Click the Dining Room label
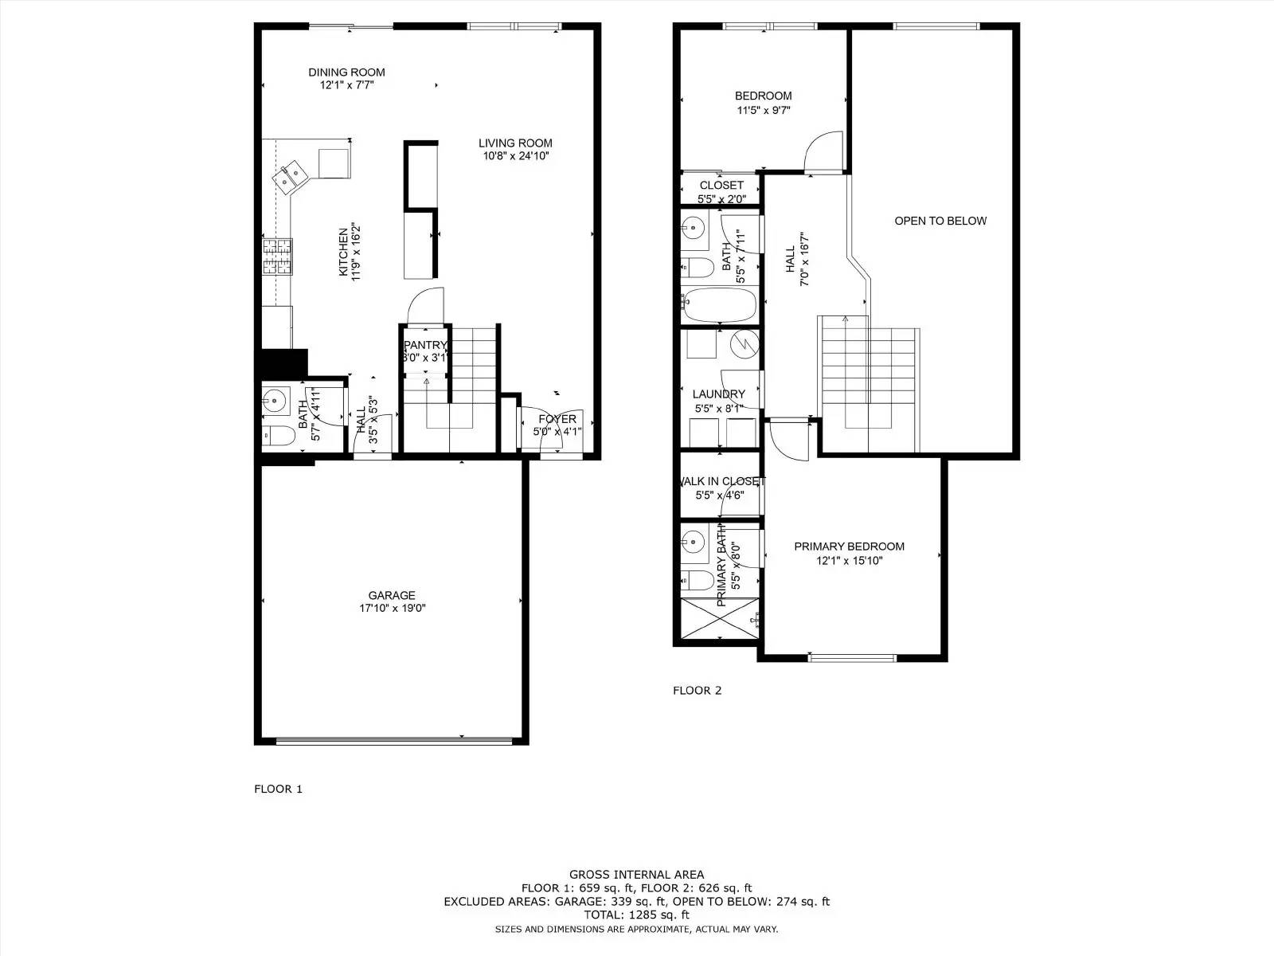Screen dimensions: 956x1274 click(346, 72)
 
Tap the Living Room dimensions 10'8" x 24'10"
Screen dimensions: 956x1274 click(516, 156)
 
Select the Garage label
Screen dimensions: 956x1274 click(391, 595)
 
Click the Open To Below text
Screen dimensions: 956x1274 click(940, 221)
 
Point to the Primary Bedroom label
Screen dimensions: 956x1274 click(849, 547)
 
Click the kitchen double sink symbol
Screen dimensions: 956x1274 click(290, 176)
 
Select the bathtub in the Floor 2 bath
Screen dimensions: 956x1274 click(720, 304)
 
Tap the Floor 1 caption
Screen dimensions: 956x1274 click(278, 789)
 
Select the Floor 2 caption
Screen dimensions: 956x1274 click(697, 690)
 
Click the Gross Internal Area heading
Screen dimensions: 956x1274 click(636, 874)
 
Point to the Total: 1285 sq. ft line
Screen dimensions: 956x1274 click(636, 915)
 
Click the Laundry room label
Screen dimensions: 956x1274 click(718, 394)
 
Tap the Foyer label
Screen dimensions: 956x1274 click(557, 419)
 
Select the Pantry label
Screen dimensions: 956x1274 click(425, 345)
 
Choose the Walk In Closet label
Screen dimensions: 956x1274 click(721, 481)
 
